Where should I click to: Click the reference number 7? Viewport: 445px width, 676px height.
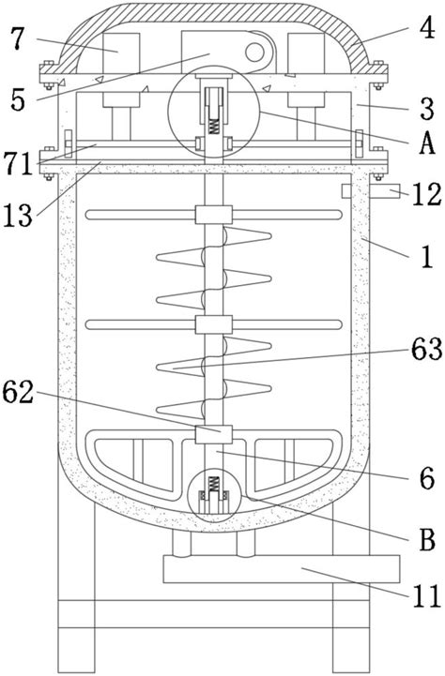(x=16, y=40)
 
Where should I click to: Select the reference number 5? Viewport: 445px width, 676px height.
(x=18, y=100)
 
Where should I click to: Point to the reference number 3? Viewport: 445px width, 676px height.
(x=427, y=109)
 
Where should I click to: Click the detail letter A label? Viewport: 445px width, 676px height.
(x=427, y=143)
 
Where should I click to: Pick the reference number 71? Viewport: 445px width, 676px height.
(x=18, y=163)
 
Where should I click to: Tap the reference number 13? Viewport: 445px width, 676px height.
(x=18, y=215)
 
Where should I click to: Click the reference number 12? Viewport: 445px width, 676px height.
(x=427, y=194)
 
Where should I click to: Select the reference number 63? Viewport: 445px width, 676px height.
(x=427, y=349)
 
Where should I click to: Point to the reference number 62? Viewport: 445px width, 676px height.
(x=18, y=393)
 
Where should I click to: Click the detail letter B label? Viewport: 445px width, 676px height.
(x=427, y=539)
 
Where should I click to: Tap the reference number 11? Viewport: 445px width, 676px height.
(x=427, y=596)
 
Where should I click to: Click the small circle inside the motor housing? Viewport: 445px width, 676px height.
(x=254, y=52)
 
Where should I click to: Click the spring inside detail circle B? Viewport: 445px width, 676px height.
(x=214, y=484)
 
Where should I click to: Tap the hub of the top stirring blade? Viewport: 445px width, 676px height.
(x=214, y=215)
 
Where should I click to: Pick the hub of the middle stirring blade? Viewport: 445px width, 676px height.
(x=214, y=324)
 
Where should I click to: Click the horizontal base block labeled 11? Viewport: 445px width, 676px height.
(x=282, y=569)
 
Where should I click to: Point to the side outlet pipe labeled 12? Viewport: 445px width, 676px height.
(x=384, y=191)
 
